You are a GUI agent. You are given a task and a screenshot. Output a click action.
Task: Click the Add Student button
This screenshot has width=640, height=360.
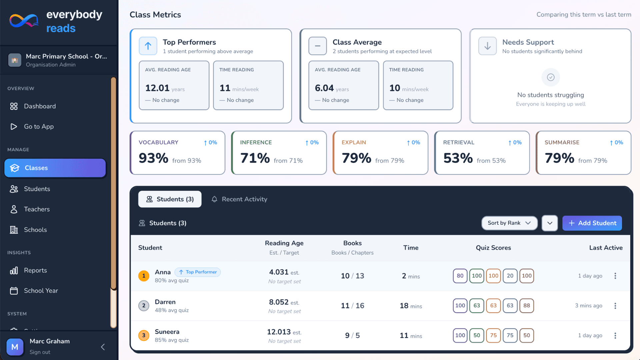coord(592,223)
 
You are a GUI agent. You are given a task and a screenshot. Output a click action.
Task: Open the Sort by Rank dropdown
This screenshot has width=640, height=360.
coord(509,223)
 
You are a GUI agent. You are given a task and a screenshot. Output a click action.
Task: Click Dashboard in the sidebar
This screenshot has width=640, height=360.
coord(39,106)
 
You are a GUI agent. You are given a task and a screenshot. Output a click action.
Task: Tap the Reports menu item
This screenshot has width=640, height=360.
coord(35,270)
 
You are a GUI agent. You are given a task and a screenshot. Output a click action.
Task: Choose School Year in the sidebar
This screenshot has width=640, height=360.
coord(41,291)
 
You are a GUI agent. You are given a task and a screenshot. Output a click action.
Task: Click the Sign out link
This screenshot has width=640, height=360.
coord(40,352)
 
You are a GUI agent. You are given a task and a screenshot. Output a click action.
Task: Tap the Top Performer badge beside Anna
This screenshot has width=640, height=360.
coord(198,272)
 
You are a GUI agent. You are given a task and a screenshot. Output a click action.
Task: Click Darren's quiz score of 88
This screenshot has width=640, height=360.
coord(526,306)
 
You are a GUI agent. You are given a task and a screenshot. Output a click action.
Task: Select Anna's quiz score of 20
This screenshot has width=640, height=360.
coord(510,276)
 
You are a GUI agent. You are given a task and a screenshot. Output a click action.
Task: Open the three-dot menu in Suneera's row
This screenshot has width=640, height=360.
coord(615,335)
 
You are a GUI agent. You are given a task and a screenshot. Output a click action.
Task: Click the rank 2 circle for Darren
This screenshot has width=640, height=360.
coord(144,306)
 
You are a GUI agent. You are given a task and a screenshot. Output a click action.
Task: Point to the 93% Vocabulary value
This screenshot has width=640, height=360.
coord(153,158)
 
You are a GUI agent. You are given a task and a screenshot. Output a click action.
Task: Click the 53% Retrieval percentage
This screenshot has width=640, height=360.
coord(458,158)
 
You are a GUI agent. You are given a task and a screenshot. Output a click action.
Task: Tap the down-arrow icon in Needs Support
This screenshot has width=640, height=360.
coord(487,46)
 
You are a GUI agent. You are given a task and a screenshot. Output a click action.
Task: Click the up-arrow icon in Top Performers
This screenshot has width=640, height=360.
coord(148,46)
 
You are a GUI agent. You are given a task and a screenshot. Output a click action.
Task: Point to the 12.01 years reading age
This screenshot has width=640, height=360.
coord(157,88)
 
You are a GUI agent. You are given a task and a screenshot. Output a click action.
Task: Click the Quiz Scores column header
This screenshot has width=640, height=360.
coord(493,248)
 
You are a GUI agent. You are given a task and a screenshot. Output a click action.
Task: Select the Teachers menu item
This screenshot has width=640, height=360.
coord(37,209)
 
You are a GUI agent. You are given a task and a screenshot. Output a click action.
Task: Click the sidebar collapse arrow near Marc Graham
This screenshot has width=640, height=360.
coord(103,347)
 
